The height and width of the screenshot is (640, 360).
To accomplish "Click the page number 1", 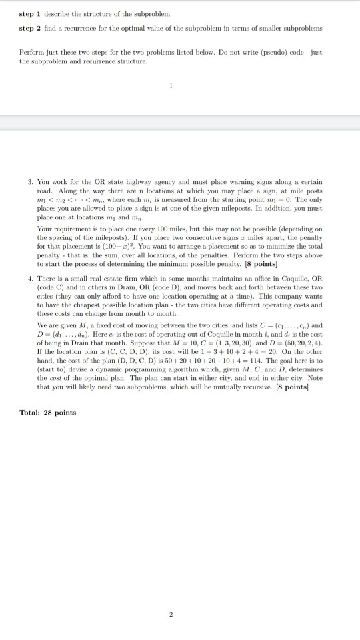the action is [171, 85].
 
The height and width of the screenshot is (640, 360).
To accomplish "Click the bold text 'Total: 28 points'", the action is [48, 413].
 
